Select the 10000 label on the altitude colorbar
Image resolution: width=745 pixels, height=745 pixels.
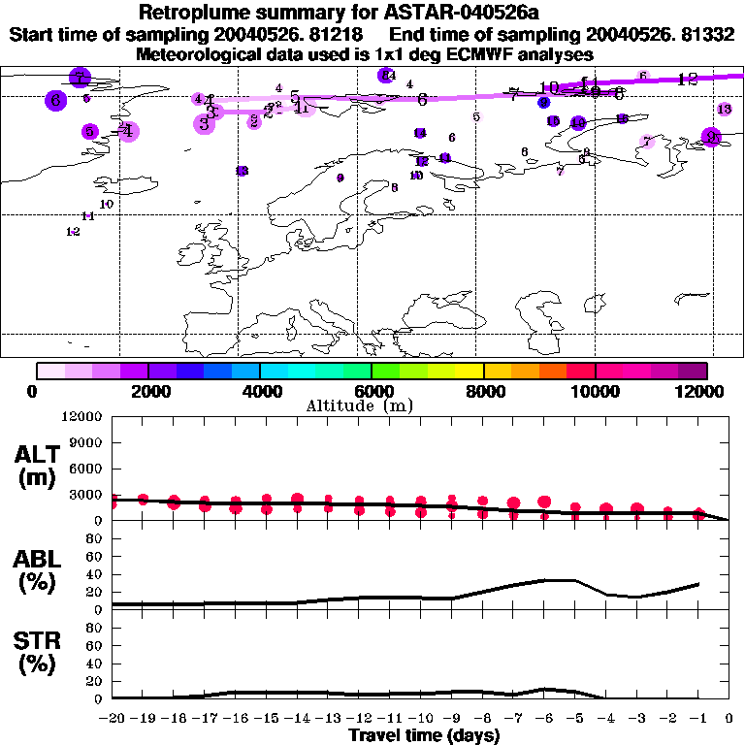(x=596, y=391)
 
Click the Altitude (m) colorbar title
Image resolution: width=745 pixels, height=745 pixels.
(x=372, y=405)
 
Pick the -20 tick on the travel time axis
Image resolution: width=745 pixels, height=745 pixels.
(x=113, y=719)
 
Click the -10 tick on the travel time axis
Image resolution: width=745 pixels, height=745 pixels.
(x=421, y=719)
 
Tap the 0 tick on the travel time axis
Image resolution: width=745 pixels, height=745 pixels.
(x=729, y=719)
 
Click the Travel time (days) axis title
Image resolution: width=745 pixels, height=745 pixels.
(x=424, y=735)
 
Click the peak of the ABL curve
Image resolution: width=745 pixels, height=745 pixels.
(x=561, y=580)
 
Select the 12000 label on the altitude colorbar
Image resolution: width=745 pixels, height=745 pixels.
(x=706, y=391)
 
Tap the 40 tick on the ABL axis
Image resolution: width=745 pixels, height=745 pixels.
(x=95, y=574)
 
